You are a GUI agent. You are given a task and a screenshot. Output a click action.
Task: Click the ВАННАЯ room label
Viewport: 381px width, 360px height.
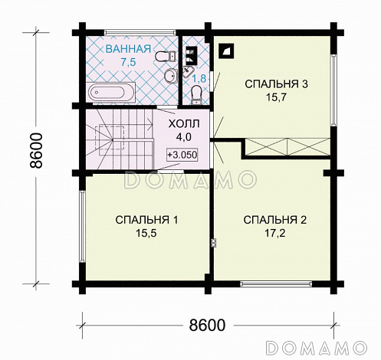tap(128, 49)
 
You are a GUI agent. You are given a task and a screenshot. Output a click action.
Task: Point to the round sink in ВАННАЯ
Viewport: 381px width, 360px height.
tap(169, 76)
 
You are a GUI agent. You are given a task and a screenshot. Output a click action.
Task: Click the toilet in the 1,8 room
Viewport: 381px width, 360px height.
tap(197, 95)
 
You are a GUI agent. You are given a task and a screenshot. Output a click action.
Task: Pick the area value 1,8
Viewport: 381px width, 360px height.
tap(199, 78)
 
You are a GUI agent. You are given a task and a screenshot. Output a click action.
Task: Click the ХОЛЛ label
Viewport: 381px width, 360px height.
tap(184, 124)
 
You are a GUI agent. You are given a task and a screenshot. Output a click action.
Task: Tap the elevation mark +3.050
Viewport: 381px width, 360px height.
tap(182, 155)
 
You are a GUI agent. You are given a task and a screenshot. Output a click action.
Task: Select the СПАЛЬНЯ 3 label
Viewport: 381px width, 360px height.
tap(277, 84)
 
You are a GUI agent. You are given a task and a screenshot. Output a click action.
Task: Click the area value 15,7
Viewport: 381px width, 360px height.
tap(277, 97)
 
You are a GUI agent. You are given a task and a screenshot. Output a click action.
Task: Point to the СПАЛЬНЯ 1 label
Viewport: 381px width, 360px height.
tap(146, 220)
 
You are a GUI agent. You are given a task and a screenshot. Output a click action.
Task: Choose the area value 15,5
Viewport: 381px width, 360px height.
tap(146, 233)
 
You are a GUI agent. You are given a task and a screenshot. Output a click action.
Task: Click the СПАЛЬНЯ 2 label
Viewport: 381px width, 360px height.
tap(275, 220)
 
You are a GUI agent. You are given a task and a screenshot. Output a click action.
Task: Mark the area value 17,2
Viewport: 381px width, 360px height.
tap(275, 233)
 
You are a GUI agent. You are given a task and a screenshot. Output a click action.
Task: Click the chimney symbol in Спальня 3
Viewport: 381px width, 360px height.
tap(226, 51)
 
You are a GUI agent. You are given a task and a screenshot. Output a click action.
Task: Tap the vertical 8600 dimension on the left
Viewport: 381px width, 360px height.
tap(35, 150)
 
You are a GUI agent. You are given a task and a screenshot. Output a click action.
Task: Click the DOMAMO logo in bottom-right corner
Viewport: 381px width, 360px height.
tap(317, 347)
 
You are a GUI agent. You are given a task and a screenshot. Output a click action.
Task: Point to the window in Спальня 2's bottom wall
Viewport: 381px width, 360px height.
tap(276, 283)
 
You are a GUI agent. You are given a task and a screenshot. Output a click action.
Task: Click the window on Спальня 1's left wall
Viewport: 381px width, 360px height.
tap(82, 227)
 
